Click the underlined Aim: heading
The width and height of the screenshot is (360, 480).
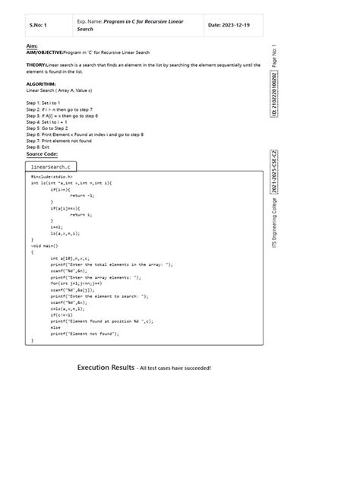31,47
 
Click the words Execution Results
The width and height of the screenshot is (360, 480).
105,368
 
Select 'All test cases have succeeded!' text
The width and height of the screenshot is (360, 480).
175,368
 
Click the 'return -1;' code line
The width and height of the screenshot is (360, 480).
81,194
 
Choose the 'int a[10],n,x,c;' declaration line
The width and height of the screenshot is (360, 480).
68,258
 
